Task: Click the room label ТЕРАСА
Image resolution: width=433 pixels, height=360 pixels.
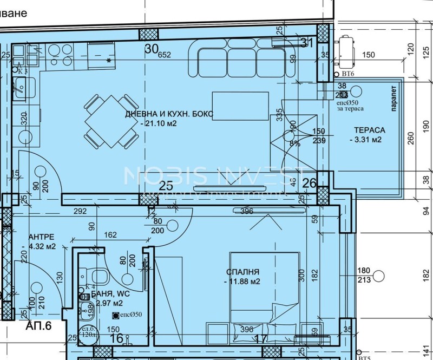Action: point(370,130)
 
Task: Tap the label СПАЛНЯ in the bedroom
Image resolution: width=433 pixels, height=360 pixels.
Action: point(243,272)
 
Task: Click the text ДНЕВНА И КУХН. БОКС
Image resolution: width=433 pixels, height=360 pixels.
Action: point(169,114)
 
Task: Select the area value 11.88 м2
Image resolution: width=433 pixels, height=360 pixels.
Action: point(242,282)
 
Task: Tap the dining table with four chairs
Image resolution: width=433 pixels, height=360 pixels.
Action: point(111,122)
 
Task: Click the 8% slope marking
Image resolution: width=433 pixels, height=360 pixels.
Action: point(294,143)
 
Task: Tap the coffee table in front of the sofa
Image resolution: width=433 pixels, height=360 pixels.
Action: point(240,106)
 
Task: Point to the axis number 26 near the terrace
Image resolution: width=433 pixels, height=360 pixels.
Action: point(309,184)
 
